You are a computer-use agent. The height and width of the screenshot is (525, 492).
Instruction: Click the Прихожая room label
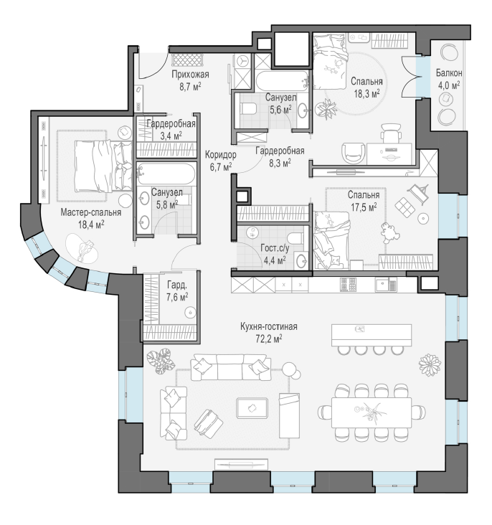(x=190, y=75)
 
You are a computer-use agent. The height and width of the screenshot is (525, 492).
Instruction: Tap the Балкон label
(x=449, y=72)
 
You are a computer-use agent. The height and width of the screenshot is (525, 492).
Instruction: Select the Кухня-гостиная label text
(x=269, y=326)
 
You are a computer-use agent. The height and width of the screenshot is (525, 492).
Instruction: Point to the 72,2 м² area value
(x=269, y=339)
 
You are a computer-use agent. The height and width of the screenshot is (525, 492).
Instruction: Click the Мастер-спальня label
(x=91, y=212)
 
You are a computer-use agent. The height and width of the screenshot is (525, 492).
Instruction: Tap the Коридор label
(x=220, y=155)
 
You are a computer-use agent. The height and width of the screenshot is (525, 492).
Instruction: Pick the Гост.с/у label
(x=275, y=248)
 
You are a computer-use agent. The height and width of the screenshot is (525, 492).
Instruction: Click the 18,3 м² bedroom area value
(x=366, y=93)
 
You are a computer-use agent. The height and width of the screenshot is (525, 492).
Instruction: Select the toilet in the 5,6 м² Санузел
(x=248, y=109)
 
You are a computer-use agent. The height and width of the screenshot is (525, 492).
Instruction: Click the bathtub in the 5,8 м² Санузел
(x=166, y=174)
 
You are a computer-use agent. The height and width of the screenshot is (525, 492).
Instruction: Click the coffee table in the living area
(x=252, y=408)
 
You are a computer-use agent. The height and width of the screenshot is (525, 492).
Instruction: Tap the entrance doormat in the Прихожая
(x=187, y=60)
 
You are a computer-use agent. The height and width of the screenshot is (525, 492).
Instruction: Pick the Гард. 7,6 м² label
(x=177, y=290)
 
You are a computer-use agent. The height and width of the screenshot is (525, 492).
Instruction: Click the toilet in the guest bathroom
(x=295, y=237)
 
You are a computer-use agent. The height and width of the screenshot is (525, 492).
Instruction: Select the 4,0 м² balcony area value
(x=449, y=85)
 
